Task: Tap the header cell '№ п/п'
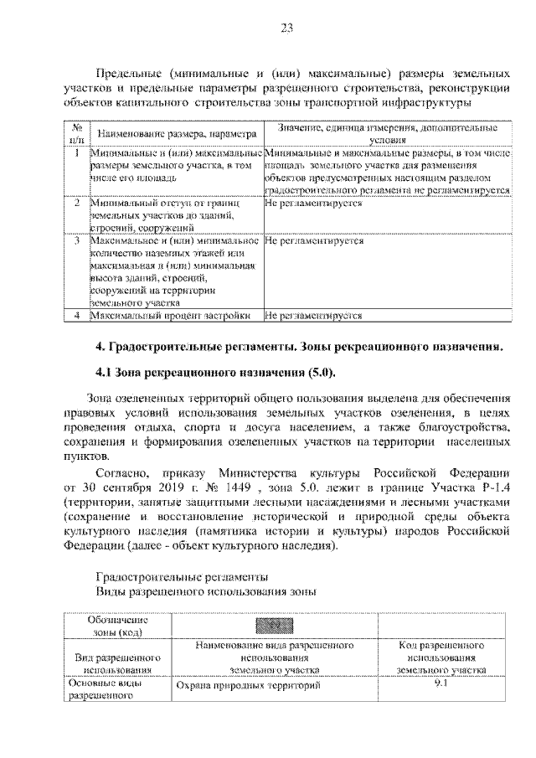coord(76,134)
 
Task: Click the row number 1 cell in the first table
coord(76,154)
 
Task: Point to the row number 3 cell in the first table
coord(76,240)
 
